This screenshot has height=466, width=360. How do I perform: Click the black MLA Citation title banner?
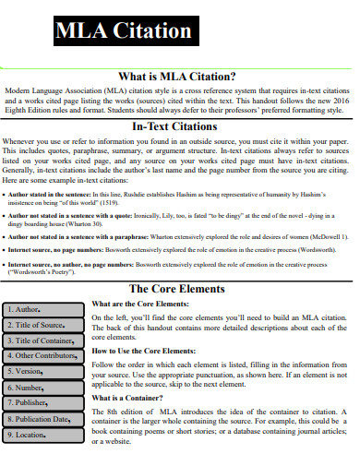[124, 31]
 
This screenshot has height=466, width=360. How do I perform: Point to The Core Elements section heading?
[176, 263]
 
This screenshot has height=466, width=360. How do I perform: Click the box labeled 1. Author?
[44, 283]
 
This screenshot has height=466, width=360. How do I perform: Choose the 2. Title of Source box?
[44, 299]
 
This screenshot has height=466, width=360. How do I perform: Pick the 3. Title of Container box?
[44, 315]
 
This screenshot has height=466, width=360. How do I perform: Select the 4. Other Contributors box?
[44, 329]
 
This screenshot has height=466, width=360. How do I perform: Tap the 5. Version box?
[44, 345]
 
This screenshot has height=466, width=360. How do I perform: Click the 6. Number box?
[44, 361]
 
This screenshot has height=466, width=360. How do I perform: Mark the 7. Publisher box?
[44, 376]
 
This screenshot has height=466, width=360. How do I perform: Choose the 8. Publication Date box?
[44, 392]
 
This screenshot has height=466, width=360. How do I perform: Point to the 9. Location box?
[44, 408]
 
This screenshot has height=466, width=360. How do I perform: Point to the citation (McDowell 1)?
[329, 235]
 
